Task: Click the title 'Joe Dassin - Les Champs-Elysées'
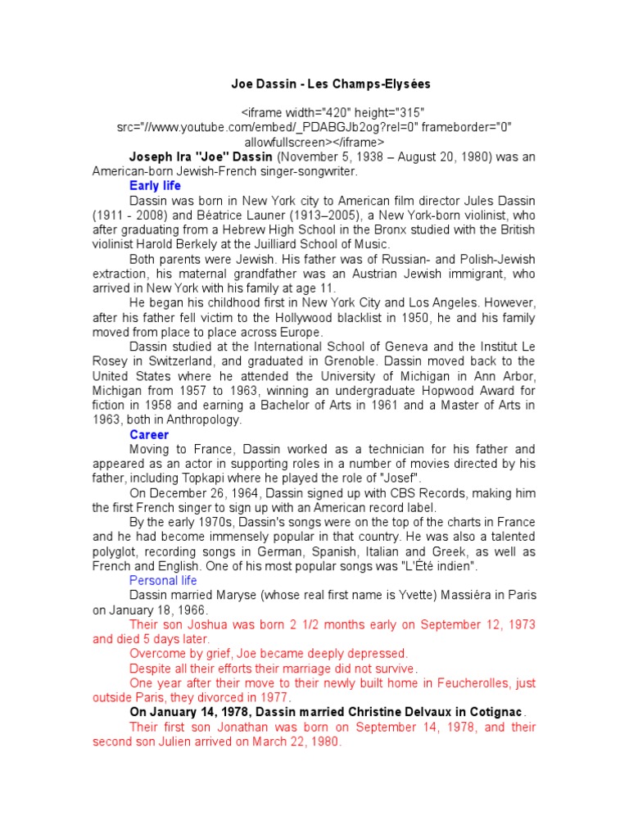(x=331, y=84)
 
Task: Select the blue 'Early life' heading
(x=155, y=186)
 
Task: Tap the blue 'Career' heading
(x=149, y=435)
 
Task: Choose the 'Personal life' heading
(x=163, y=580)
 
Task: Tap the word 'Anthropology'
(x=201, y=419)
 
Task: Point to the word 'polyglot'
(x=117, y=551)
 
